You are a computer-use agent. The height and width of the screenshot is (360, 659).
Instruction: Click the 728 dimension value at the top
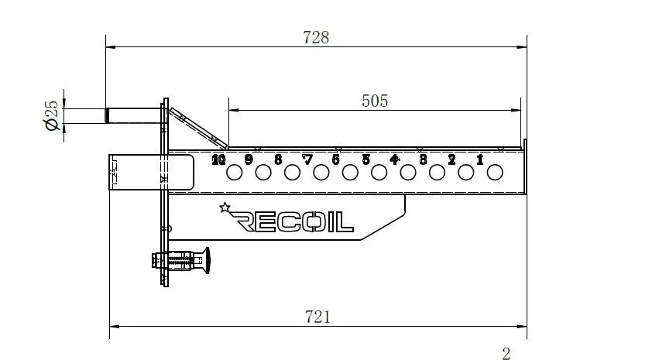coord(316,36)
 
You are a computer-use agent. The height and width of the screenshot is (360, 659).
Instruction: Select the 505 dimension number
coord(374,101)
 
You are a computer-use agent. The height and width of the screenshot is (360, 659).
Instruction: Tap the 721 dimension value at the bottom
coord(317,316)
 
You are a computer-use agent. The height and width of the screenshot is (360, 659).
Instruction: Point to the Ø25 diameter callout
coord(52,115)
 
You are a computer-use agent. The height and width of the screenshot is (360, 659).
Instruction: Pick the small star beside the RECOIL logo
coord(225,207)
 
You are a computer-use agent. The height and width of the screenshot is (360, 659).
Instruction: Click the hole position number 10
coord(218,160)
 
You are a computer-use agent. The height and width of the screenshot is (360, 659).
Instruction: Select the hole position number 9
coord(249,160)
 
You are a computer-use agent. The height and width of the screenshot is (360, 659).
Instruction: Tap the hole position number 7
coord(307,160)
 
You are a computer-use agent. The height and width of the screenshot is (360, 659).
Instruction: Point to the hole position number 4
coord(394,160)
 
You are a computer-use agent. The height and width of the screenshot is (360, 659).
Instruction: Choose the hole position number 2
coord(451,160)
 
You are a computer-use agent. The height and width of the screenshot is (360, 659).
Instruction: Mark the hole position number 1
coord(480,160)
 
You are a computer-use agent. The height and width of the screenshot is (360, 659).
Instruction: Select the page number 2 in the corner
coord(506,354)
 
